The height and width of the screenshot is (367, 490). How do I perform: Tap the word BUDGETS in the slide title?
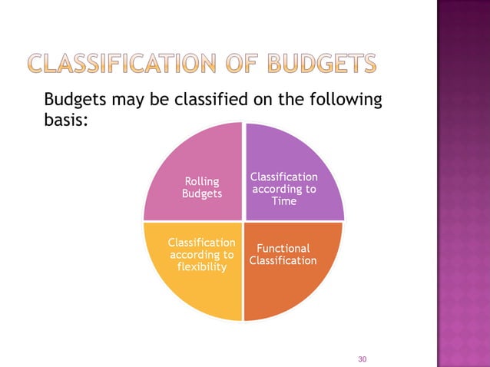pos(322,65)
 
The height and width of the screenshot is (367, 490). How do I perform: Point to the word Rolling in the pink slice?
pos(202,182)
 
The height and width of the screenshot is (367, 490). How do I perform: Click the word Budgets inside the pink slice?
pos(202,193)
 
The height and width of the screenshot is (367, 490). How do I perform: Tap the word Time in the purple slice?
pos(283,200)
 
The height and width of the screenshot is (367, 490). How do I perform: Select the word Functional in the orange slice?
pos(283,249)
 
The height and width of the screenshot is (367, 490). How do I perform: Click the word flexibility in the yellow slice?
pos(202,267)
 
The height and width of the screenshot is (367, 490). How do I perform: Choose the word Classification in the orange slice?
pos(283,261)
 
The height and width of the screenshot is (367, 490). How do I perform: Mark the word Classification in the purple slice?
pos(283,177)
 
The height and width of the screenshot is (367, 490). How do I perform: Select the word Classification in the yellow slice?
pos(202,243)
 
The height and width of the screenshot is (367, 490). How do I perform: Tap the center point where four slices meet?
pos(243,221)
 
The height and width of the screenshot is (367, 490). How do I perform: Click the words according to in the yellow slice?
pos(202,255)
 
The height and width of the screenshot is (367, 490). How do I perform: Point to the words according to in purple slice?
pos(283,189)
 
